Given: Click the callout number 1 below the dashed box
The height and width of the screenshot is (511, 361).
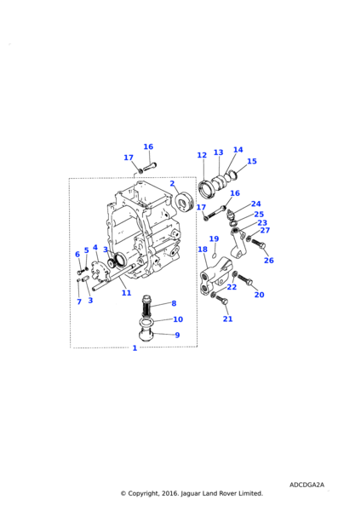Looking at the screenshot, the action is pos(135,348).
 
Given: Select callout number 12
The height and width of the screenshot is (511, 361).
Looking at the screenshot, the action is pos(202,155).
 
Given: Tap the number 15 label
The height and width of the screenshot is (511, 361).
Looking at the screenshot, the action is pos(252,161).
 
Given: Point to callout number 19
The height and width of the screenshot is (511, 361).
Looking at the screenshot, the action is pos(214,238).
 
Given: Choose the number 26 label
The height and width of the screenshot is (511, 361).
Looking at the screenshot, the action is pos(269,261).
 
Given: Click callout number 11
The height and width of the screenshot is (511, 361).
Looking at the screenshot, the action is pos(126,293).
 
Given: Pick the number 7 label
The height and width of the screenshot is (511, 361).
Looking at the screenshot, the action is pos(79,301).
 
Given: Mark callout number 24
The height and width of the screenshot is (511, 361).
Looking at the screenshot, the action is pos(256,204).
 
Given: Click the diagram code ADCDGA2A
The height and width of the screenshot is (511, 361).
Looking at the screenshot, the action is pos(307,485).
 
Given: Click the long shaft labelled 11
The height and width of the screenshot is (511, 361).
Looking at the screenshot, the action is pos(114,278).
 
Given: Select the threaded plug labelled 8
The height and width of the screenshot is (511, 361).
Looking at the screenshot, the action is pos(147,305).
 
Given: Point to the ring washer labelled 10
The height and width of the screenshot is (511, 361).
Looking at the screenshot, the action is pos(147,323).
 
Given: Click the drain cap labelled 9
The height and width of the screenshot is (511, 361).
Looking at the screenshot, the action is pos(146,336).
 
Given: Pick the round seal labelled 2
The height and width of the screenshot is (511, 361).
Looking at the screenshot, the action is pos(185,202).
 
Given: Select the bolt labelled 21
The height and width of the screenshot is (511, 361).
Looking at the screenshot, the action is pos(223,300).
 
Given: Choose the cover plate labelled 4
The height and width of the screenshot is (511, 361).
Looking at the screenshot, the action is pos(99,270).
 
